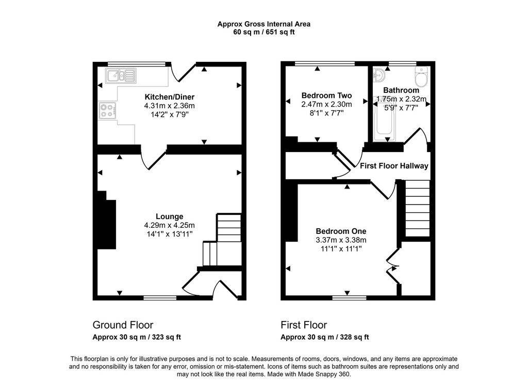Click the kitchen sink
tap(121, 75)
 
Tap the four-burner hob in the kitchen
tap(108, 111)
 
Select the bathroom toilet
tap(421, 77)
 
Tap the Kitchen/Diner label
tap(169, 97)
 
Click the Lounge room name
tap(169, 216)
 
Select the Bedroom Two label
tap(326, 95)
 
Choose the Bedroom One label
tap(341, 231)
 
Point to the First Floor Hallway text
tap(394, 165)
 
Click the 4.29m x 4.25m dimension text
tap(169, 225)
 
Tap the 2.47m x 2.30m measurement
tap(326, 104)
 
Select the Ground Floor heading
tap(123, 325)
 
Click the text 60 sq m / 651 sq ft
tap(264, 32)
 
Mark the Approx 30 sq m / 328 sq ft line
tap(325, 337)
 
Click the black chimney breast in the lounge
tap(107, 220)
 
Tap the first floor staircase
tap(418, 208)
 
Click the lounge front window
tap(160, 298)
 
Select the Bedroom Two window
tap(325, 63)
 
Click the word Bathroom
tap(401, 90)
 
